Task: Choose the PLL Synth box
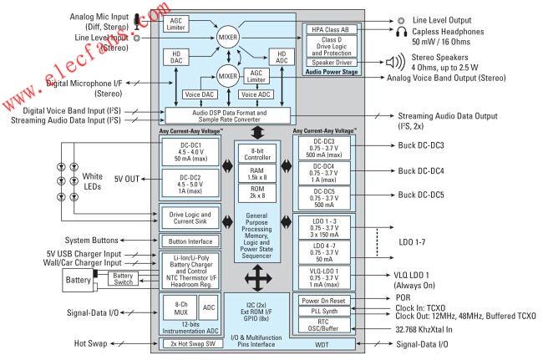coord(328,312)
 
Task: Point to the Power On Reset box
coord(328,300)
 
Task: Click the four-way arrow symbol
coord(256,277)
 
